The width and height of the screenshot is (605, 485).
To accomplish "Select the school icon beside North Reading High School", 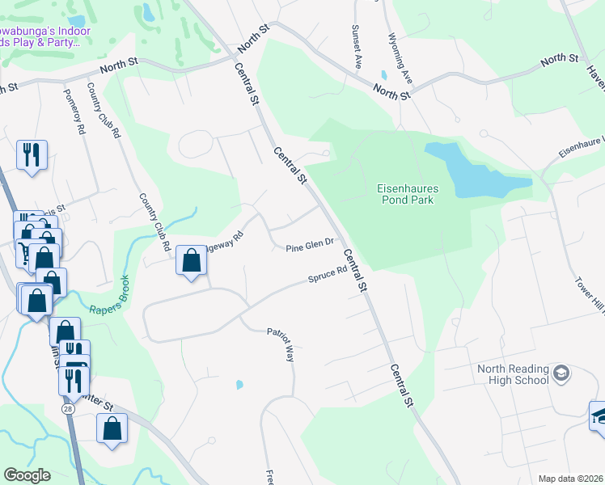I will [561, 373].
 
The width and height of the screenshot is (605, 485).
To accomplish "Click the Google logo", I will [27, 474].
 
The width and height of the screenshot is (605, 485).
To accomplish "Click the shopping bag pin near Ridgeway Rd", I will [191, 260].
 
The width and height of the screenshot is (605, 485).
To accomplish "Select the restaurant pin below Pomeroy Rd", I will [32, 154].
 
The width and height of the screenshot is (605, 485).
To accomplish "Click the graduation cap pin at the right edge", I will [599, 417].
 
